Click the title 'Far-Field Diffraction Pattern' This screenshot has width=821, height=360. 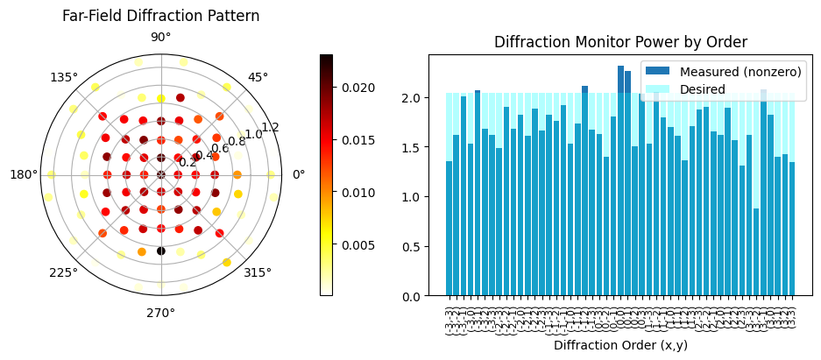coord(160,16)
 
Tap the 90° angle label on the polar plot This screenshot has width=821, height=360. coord(161,37)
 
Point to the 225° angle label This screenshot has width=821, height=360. coord(64,272)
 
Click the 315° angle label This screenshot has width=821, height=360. coord(258,272)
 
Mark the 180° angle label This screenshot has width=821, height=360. coord(24,175)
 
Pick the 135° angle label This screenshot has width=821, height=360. coord(64,77)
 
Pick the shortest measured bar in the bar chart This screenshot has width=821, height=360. coord(756,252)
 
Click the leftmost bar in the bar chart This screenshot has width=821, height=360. coord(449,229)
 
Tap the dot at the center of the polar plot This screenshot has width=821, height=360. coord(161,175)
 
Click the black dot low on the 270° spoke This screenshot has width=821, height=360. coord(161,251)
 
